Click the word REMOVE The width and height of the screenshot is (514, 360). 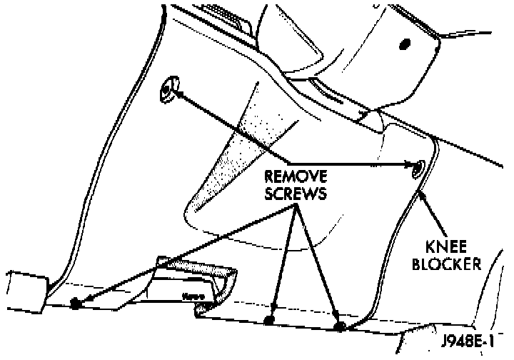(x=296, y=176)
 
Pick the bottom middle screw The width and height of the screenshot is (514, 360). (x=269, y=319)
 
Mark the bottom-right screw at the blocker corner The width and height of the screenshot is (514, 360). (x=340, y=327)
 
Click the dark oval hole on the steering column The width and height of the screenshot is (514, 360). (x=405, y=43)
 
